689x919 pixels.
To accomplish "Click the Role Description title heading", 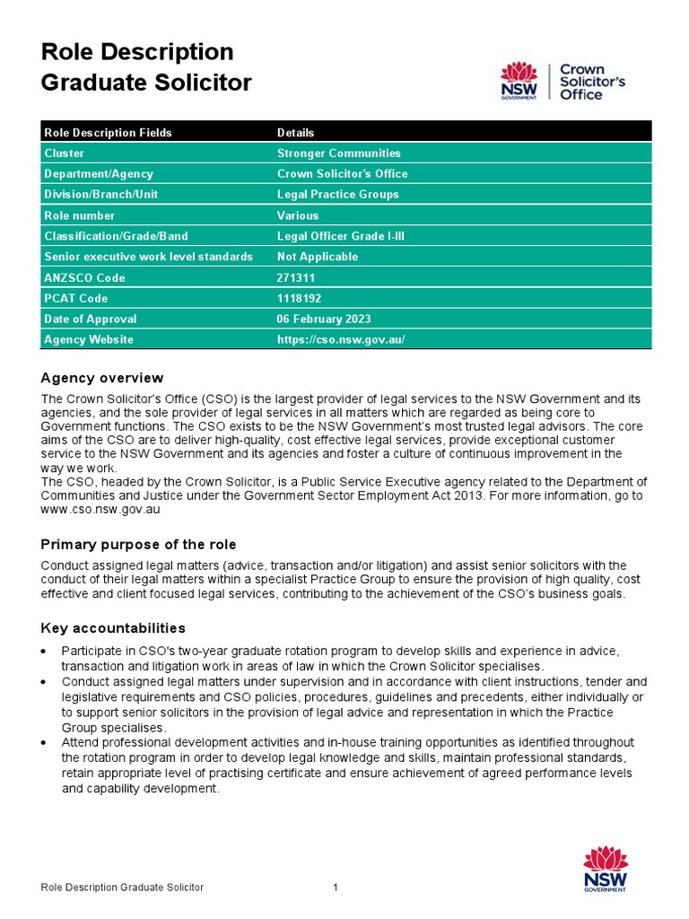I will [x=137, y=52].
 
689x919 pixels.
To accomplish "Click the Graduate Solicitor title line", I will [x=146, y=83].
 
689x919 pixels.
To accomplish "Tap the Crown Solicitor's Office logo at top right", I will [x=563, y=82].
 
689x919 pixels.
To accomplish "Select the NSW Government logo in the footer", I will [x=606, y=868].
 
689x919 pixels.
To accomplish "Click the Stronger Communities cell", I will [x=338, y=153].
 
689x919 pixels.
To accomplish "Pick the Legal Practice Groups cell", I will [x=337, y=195].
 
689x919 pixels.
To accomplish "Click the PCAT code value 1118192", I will [x=301, y=299].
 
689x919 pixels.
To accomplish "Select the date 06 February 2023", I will [x=323, y=319].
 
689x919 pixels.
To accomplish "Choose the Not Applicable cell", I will [x=317, y=257].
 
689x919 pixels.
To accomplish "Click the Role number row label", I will [x=80, y=215].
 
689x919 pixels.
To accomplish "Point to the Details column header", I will [x=295, y=133].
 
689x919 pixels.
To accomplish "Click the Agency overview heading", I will [x=102, y=378].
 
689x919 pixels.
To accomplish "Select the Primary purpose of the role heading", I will [x=139, y=545].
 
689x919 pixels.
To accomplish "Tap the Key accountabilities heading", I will [x=113, y=627].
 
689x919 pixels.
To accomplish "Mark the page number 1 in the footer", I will [x=335, y=888].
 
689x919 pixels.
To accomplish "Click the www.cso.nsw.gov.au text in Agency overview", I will [x=100, y=509].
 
